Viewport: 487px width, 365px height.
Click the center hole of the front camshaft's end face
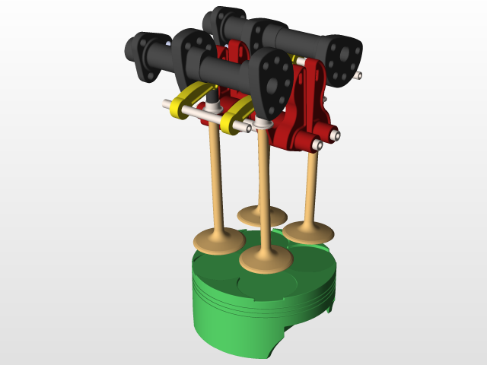click(x=275, y=78)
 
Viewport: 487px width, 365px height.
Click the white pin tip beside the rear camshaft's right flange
click(x=358, y=75)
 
